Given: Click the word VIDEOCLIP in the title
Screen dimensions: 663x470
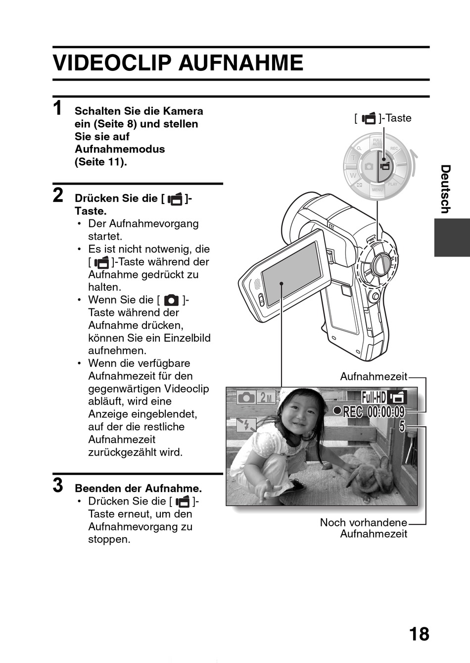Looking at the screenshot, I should coord(113,63).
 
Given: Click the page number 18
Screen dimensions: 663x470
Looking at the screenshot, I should coord(419,634).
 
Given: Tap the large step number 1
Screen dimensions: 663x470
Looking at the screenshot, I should coord(58,108).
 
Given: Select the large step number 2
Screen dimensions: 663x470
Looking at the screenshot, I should coord(58,196).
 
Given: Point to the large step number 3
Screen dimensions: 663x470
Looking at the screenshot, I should coord(58,485).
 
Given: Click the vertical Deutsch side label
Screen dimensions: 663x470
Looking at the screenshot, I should coord(445,189).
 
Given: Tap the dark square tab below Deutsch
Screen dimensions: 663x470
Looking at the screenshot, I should coord(451,238).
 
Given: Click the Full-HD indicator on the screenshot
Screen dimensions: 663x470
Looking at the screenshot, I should coord(374,397).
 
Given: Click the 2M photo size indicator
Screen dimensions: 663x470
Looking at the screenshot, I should coord(266,397).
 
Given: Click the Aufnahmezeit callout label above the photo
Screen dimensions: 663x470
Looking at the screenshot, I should coord(374,377).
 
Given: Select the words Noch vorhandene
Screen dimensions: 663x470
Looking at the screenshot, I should coord(363,522).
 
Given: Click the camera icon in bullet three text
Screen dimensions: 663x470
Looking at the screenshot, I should coord(171,300).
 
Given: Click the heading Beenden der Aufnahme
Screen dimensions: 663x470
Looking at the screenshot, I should coord(138,488).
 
